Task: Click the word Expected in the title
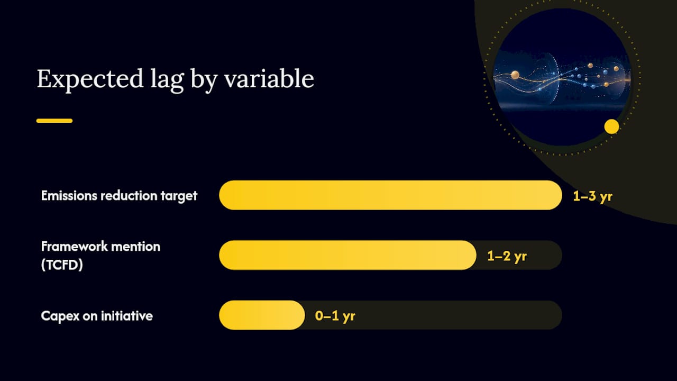90,79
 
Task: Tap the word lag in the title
167,80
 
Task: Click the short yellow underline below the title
54,121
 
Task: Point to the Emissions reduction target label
119,196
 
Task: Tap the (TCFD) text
62,265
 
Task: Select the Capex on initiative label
97,316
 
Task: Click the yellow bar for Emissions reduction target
390,195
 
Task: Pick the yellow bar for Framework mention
347,255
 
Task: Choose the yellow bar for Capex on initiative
262,315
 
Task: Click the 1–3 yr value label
593,196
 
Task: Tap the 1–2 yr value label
507,257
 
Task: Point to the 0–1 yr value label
335,316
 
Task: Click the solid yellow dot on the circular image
612,126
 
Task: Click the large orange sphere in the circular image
515,75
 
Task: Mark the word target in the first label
179,196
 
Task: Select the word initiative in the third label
126,316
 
